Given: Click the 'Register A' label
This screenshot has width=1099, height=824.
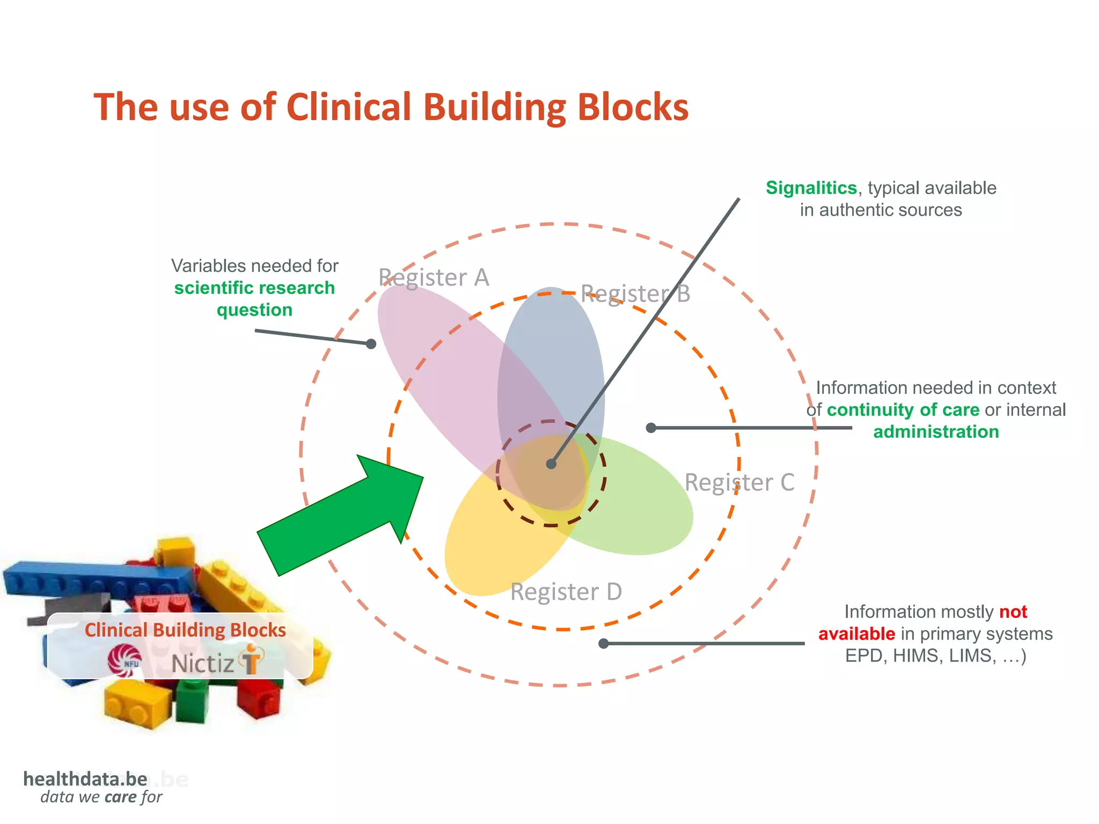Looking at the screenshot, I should point(434,278).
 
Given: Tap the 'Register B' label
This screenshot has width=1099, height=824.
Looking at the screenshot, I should point(635,294).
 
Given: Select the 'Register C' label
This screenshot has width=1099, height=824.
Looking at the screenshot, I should point(739,482).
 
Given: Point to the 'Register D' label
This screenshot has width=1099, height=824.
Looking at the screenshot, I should point(566,592).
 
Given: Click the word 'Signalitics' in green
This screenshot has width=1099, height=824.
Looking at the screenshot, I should point(811,188).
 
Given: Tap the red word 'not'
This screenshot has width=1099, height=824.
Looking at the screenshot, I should point(1013,612).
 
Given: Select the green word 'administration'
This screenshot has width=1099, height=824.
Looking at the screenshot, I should point(936,432).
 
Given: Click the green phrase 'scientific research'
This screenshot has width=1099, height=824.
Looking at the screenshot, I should point(254,288).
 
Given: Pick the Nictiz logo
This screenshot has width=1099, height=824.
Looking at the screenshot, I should point(217,661).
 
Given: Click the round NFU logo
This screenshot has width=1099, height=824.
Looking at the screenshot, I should point(124,660).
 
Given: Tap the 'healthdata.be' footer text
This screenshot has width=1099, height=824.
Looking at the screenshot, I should point(85,779).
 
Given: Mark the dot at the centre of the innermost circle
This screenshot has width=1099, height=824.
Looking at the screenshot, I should point(551,464).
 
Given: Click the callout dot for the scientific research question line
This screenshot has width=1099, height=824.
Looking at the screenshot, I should point(371,344).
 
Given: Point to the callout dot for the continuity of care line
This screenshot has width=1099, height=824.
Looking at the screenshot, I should point(651,428).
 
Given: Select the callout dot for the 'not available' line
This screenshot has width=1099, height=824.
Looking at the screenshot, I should point(604,643).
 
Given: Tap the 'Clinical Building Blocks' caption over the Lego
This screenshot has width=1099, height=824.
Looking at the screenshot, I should point(185,630).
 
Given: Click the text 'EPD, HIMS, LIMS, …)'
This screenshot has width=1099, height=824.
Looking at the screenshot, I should point(935,656).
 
